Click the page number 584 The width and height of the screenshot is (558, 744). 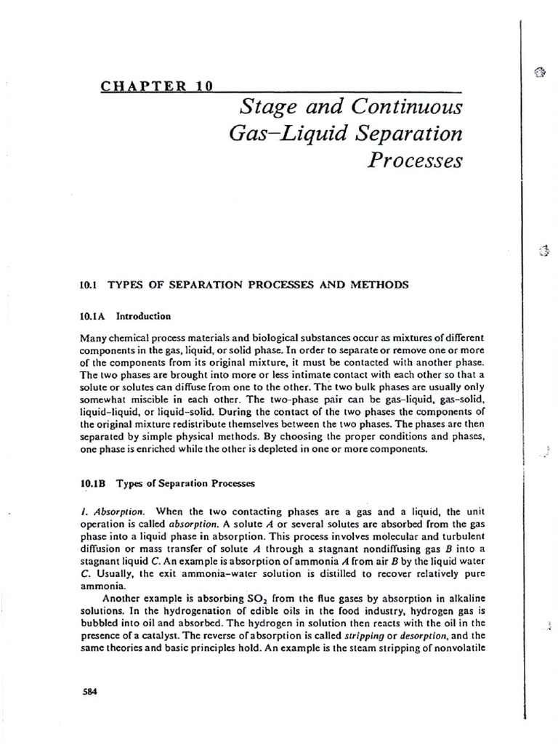(x=89, y=691)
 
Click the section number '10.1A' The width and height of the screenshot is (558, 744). (x=93, y=316)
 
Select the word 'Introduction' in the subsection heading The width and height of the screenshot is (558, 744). (x=143, y=316)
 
